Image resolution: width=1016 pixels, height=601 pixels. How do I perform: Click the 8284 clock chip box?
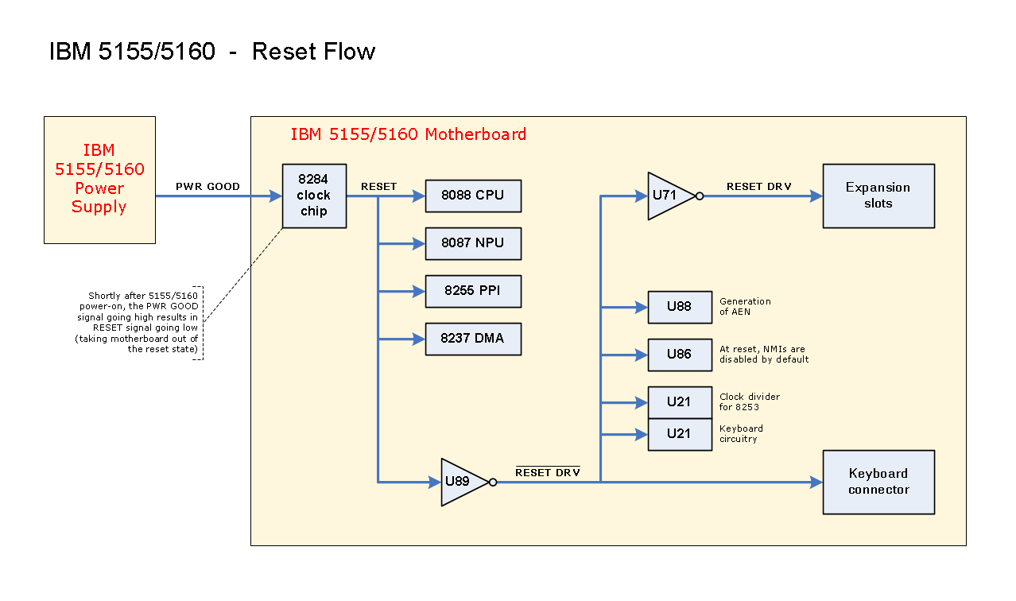click(314, 196)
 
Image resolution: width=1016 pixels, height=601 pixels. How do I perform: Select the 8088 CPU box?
click(473, 196)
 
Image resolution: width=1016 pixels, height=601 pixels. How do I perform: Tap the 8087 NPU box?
click(473, 243)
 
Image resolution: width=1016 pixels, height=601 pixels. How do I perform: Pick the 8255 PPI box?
click(473, 291)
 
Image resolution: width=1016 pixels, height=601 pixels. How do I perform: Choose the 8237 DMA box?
click(473, 339)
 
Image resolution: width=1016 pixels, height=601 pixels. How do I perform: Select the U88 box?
click(680, 307)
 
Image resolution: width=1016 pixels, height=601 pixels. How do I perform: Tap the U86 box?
click(680, 355)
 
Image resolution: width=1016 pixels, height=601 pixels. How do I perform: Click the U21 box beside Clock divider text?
click(680, 402)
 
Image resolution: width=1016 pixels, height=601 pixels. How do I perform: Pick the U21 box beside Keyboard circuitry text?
click(680, 434)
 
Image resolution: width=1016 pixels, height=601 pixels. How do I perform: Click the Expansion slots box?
click(878, 196)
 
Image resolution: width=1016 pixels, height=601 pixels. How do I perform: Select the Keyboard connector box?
click(878, 482)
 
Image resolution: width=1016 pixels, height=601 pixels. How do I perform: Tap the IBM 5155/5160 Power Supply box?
click(99, 180)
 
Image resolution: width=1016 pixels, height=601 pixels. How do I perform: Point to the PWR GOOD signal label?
click(207, 187)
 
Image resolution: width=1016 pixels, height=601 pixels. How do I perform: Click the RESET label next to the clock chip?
click(378, 187)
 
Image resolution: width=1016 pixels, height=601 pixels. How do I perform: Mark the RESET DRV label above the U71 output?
click(759, 187)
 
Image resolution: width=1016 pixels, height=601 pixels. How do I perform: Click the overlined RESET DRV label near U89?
click(548, 473)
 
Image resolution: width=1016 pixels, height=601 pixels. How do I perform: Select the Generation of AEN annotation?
click(745, 306)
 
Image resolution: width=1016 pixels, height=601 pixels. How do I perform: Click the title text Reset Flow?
click(313, 52)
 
